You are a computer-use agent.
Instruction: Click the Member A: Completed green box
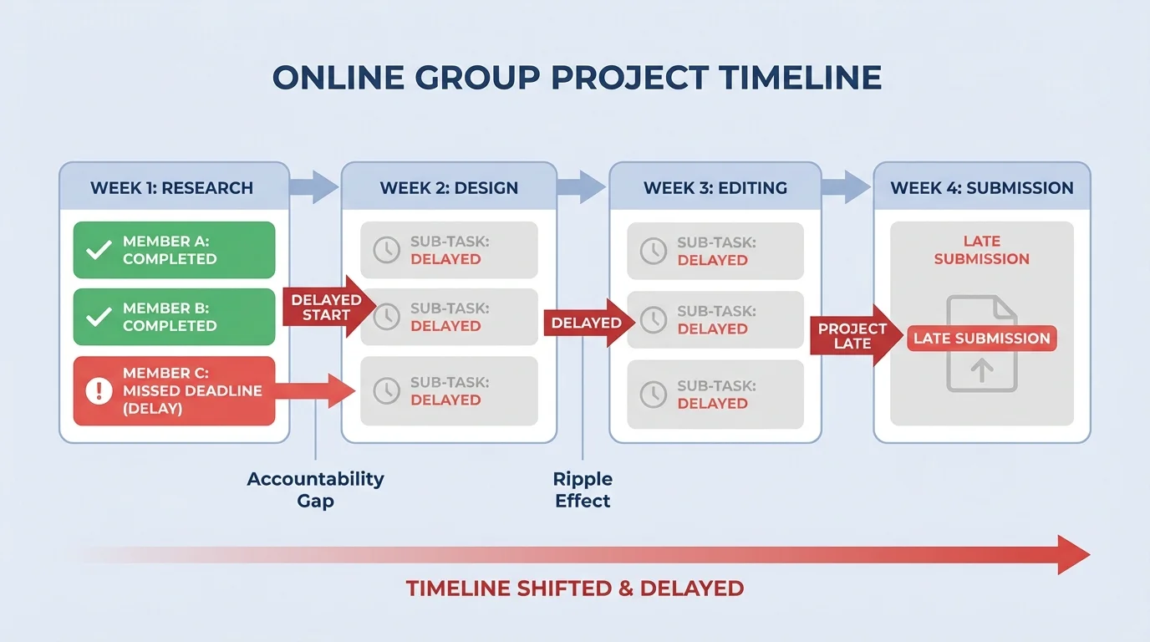[174, 250]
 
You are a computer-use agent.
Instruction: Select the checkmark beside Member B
[99, 317]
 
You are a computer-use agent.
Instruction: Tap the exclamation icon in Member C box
[99, 390]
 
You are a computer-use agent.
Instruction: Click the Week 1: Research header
[172, 187]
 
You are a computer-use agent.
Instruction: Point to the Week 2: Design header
[449, 187]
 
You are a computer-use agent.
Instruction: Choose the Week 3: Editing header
[715, 187]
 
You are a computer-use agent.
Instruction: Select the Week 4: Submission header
[981, 187]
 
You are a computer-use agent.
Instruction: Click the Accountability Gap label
[315, 490]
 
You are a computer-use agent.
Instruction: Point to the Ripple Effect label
[583, 490]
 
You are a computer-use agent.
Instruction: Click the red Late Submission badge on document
[981, 339]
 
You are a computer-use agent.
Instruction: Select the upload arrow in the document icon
[982, 369]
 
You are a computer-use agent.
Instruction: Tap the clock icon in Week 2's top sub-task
[386, 250]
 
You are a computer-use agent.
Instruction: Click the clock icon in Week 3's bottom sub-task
[653, 394]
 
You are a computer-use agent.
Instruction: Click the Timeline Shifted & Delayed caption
[574, 588]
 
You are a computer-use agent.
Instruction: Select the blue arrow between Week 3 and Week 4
[847, 186]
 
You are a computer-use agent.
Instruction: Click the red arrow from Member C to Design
[317, 390]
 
